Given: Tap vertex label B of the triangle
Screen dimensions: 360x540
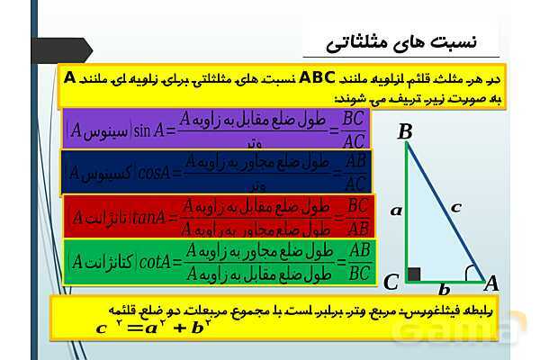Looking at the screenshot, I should (405, 132).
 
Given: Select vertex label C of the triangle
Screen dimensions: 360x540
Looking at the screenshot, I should (391, 283).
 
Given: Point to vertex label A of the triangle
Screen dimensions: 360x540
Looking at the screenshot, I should (490, 283).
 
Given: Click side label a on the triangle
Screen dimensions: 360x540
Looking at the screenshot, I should (395, 210).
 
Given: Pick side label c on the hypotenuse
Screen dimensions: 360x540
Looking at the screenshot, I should (456, 206).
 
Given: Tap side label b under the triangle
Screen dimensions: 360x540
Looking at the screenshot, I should (443, 290).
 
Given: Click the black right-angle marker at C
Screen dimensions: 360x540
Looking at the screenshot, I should (413, 274).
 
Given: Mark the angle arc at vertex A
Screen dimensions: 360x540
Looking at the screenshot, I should (471, 273).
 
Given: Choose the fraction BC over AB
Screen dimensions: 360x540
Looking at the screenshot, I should (356, 215).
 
